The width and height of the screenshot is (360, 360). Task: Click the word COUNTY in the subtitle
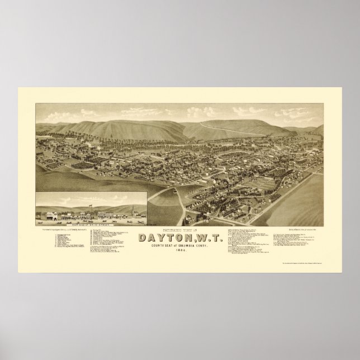pos(149,250)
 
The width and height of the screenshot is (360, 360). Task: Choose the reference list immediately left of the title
pos(112,246)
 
